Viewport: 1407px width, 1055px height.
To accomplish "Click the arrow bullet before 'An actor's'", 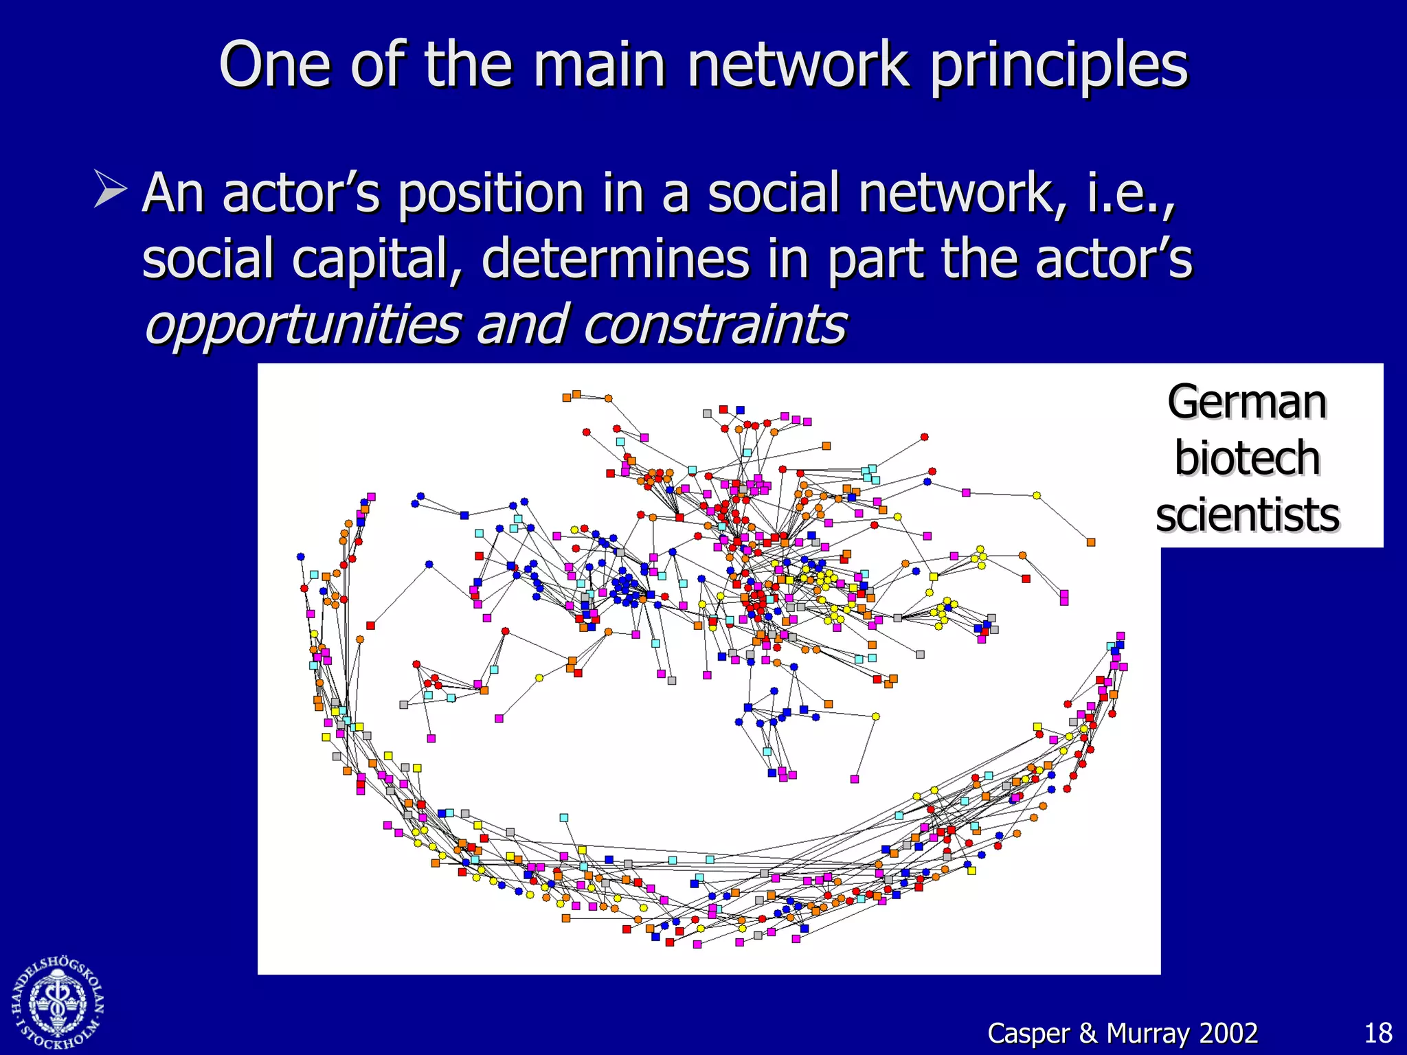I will pos(110,190).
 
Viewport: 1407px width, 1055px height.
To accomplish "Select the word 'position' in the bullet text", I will pos(491,194).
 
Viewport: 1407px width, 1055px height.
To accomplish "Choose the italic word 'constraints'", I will pos(714,324).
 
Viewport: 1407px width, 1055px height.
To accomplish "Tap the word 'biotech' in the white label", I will pos(1246,458).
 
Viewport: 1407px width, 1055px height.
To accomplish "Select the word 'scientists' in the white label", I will pos(1246,515).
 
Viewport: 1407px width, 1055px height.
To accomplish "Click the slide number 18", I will pos(1377,1033).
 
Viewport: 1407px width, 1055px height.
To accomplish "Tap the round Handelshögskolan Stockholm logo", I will pos(58,1003).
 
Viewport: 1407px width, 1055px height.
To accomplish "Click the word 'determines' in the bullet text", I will pos(615,258).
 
